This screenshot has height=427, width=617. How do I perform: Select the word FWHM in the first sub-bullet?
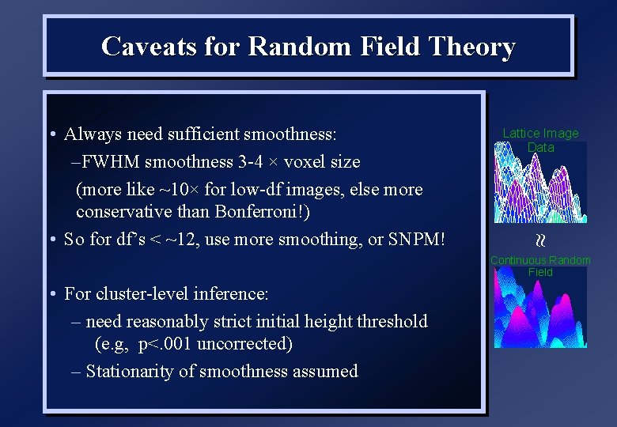coord(106,162)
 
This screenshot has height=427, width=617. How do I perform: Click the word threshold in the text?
coord(388,321)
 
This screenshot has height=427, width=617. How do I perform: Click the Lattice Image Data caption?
coord(540,140)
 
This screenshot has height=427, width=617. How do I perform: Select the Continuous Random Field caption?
coord(540,266)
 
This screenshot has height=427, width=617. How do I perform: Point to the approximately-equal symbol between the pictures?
coord(541,239)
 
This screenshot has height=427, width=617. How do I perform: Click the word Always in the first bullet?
coord(89,134)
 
